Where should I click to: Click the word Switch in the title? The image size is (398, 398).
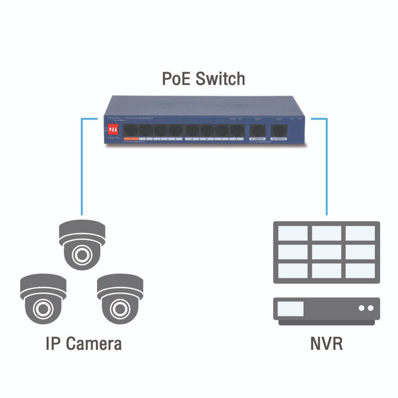(x=220, y=79)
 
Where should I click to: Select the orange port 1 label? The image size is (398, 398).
(x=131, y=138)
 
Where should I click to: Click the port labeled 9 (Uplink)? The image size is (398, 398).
(x=257, y=130)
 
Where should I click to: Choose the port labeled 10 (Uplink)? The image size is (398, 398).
(x=278, y=130)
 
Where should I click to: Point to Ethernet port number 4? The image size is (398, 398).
(x=176, y=130)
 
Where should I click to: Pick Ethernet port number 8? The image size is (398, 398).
(x=236, y=130)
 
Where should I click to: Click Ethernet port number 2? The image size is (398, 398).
(x=145, y=130)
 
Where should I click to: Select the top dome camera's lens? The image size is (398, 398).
(x=82, y=255)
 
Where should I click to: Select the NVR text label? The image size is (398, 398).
(x=326, y=344)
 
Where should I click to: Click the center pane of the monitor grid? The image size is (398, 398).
(x=326, y=252)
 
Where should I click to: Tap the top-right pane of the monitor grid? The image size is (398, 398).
(x=360, y=233)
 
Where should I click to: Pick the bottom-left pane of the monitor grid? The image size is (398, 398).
(x=293, y=271)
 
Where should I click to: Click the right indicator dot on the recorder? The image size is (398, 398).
(x=370, y=308)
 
